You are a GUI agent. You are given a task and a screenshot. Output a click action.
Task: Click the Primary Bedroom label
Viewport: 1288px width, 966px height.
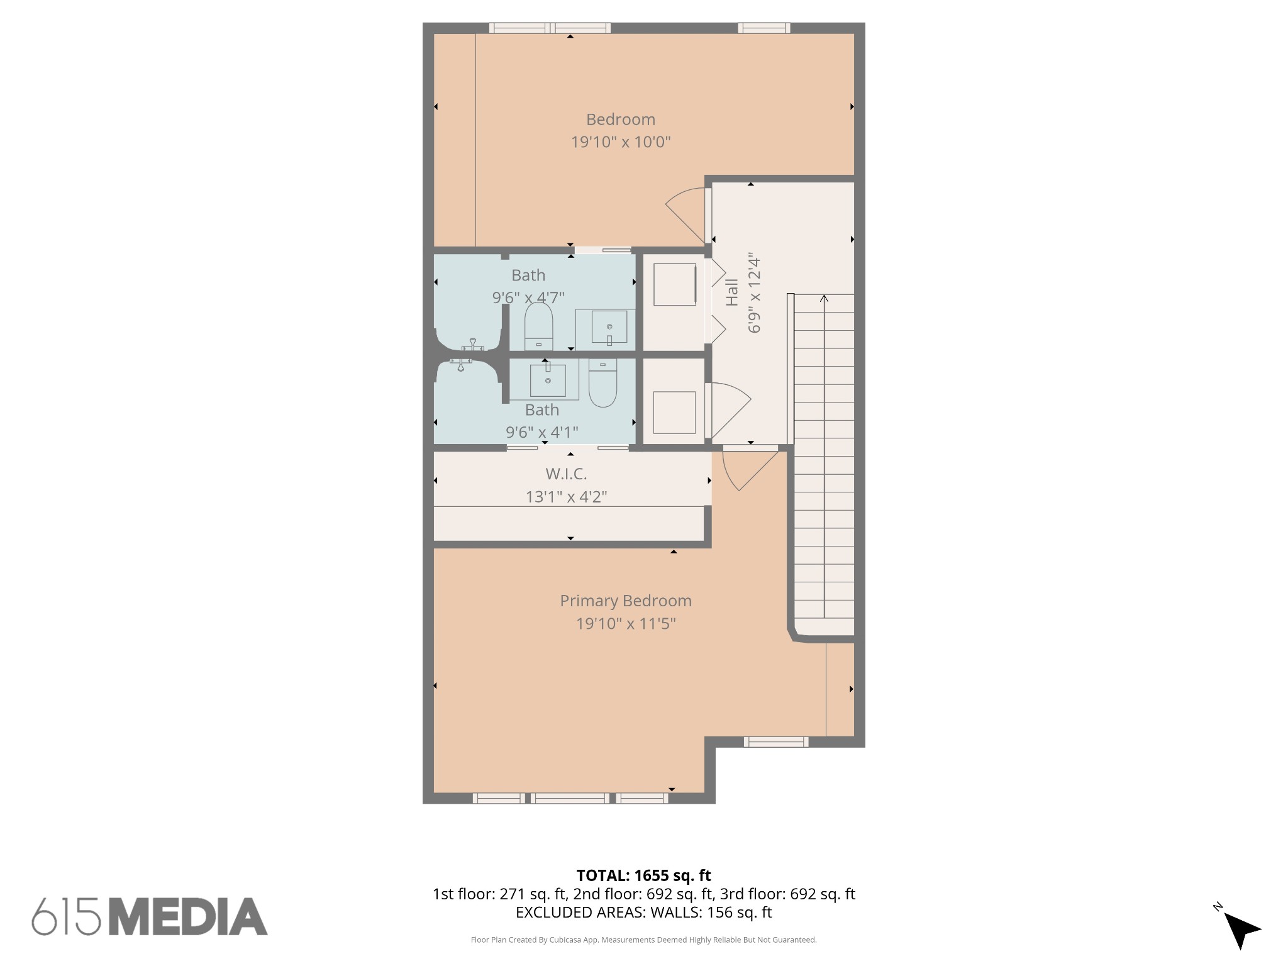(x=626, y=601)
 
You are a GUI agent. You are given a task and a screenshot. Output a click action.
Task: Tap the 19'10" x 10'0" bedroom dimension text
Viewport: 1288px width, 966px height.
(x=621, y=142)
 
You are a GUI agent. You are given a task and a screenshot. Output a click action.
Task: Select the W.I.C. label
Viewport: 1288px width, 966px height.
(x=566, y=474)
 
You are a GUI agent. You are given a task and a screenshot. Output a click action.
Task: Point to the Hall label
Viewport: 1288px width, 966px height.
(x=732, y=292)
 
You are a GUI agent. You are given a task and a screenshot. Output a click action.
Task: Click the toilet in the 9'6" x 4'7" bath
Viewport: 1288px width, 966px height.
(x=539, y=326)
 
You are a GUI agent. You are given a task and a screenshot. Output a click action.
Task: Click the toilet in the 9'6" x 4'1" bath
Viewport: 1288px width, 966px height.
(x=602, y=383)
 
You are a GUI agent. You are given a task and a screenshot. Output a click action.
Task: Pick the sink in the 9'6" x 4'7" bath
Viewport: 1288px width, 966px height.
(x=609, y=327)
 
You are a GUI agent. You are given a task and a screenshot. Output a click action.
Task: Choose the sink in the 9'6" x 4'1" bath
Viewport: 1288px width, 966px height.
(x=548, y=380)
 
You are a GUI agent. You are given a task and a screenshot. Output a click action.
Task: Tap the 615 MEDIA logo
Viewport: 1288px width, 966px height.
(x=150, y=916)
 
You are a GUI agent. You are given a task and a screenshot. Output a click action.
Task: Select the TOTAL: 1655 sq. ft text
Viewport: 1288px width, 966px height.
(x=643, y=875)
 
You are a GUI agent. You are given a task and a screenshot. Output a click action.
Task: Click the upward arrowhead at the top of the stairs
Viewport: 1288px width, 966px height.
(x=824, y=298)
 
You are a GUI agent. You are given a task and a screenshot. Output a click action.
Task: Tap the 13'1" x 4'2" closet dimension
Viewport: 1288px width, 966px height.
(x=566, y=497)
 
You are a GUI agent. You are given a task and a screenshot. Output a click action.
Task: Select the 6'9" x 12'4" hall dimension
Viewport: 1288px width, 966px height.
(x=755, y=293)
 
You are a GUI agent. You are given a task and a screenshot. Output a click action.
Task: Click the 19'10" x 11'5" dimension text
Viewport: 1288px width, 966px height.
(x=626, y=624)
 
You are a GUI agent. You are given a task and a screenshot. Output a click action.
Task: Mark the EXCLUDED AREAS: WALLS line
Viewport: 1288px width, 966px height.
(x=643, y=913)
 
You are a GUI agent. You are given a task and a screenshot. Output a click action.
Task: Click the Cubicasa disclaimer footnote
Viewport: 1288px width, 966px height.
(x=643, y=940)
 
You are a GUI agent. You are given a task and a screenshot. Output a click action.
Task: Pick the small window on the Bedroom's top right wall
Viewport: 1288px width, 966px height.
(x=763, y=28)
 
